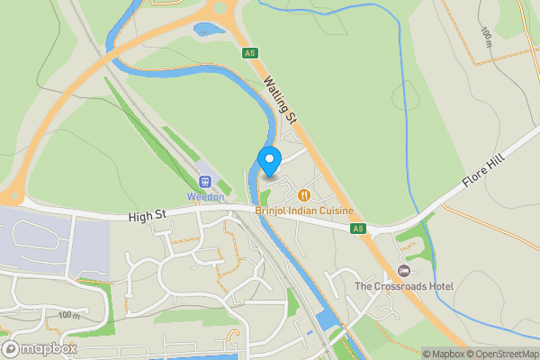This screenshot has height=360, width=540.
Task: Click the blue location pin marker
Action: pyautogui.click(x=269, y=161)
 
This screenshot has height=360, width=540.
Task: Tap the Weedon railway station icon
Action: pyautogui.click(x=204, y=181)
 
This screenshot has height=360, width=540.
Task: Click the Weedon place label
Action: pyautogui.click(x=204, y=196)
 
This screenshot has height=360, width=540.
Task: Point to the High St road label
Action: pyautogui.click(x=148, y=216)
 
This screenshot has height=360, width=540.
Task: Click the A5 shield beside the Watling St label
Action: pyautogui.click(x=249, y=54)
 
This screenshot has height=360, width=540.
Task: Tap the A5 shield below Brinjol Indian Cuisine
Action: pyautogui.click(x=358, y=229)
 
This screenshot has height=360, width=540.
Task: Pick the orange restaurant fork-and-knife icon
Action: pyautogui.click(x=304, y=194)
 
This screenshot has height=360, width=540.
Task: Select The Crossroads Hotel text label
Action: pyautogui.click(x=404, y=286)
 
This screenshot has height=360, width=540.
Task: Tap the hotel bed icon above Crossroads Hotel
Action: pyautogui.click(x=403, y=270)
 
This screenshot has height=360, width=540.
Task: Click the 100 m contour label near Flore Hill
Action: pyautogui.click(x=487, y=35)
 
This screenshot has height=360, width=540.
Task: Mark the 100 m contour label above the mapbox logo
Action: pyautogui.click(x=67, y=315)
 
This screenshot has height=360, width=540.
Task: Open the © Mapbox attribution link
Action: pyautogui.click(x=444, y=354)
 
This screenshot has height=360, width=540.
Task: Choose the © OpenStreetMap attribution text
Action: pyautogui.click(x=502, y=354)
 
